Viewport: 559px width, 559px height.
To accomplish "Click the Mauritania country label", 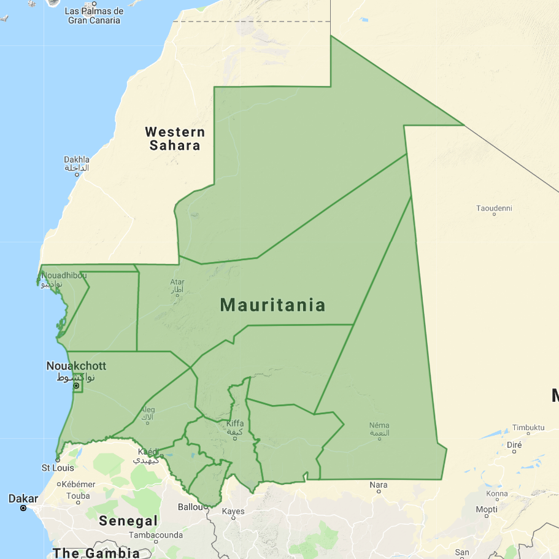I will click(x=272, y=305).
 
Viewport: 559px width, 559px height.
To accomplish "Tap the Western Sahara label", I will click(x=175, y=139).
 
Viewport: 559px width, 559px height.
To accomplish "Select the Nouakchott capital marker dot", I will click(x=76, y=386).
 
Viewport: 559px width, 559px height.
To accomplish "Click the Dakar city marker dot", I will click(x=23, y=508).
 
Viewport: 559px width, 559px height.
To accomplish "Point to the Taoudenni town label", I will click(x=494, y=208).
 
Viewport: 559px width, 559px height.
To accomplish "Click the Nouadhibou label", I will click(x=64, y=276).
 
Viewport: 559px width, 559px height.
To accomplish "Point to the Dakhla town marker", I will click(x=77, y=175).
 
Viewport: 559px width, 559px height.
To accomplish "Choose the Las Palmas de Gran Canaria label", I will click(x=94, y=16).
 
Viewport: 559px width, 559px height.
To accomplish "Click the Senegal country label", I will click(x=129, y=522).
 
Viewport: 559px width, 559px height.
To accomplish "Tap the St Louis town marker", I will click(x=57, y=459).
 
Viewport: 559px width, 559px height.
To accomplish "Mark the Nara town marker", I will click(x=378, y=492).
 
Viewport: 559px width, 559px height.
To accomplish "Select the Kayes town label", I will click(x=233, y=511).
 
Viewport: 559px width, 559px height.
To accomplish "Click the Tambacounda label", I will click(x=155, y=535).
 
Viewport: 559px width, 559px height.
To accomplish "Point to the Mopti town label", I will click(x=487, y=510).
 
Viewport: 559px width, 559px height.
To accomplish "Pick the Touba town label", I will click(x=78, y=496).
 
